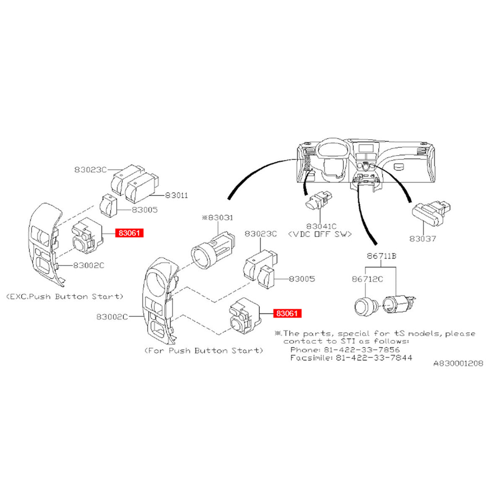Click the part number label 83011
[x=176, y=195]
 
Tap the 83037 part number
[x=423, y=239]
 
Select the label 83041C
[x=322, y=226]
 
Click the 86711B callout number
[x=381, y=256]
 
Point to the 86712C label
[x=367, y=279]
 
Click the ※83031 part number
[x=218, y=218]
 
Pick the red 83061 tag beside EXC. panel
[x=130, y=233]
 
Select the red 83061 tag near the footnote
[x=288, y=313]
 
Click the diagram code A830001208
[x=458, y=363]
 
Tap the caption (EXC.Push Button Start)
[x=65, y=296]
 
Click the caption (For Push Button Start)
[x=204, y=350]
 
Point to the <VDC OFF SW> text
[x=320, y=234]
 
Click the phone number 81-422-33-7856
[x=361, y=350]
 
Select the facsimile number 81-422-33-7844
[x=374, y=358]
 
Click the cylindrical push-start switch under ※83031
[x=213, y=250]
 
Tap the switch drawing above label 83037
[x=431, y=213]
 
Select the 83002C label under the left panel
[x=88, y=265]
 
